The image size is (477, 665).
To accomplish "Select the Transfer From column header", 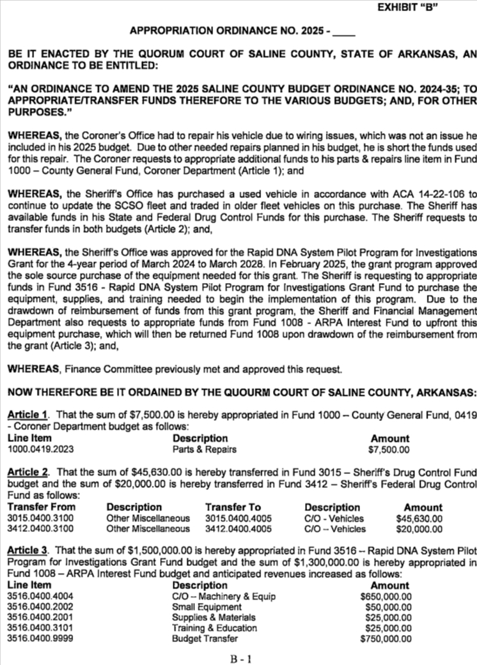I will (x=38, y=507).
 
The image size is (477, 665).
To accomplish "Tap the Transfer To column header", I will (x=233, y=507).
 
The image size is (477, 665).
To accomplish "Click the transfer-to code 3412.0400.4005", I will (x=238, y=529).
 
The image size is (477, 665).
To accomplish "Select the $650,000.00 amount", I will (x=386, y=597).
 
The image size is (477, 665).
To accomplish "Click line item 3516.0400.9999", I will (x=40, y=639).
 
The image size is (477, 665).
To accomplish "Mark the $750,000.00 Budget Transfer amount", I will (x=386, y=639).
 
